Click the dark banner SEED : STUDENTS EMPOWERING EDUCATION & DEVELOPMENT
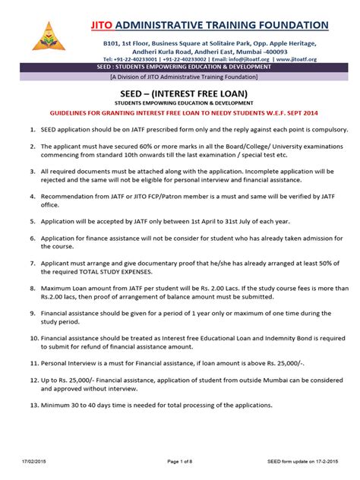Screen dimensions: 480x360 click(x=179, y=67)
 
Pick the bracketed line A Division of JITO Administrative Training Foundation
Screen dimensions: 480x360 click(x=180, y=76)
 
